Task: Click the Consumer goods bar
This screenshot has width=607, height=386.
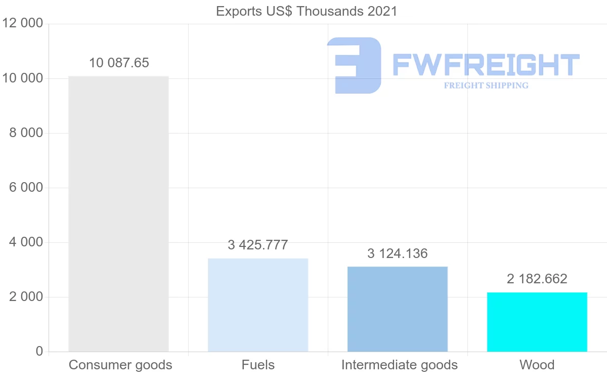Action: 118,213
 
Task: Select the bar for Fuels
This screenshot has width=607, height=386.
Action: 258,305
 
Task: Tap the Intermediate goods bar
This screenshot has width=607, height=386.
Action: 398,309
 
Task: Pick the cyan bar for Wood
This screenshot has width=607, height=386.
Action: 537,322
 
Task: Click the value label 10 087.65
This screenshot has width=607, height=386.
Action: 119,63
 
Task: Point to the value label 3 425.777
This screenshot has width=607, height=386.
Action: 258,245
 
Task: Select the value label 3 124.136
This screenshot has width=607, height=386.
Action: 398,253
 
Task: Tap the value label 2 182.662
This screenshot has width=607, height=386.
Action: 537,279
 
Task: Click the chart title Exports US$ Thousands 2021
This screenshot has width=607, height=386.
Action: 307,11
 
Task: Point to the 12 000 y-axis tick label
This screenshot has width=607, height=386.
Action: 22,24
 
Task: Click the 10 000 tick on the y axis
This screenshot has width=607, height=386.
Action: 22,78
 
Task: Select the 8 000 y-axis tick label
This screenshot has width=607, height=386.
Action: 26,133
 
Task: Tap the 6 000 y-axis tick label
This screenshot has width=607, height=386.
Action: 26,188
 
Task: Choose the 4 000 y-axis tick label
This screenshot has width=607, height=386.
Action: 26,242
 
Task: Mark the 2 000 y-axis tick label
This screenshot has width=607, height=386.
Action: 26,297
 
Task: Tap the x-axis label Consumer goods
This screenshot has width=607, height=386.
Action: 120,365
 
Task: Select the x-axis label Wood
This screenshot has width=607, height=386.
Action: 537,365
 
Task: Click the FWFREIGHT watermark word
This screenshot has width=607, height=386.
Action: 486,65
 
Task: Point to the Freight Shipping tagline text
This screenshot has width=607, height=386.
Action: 486,85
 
